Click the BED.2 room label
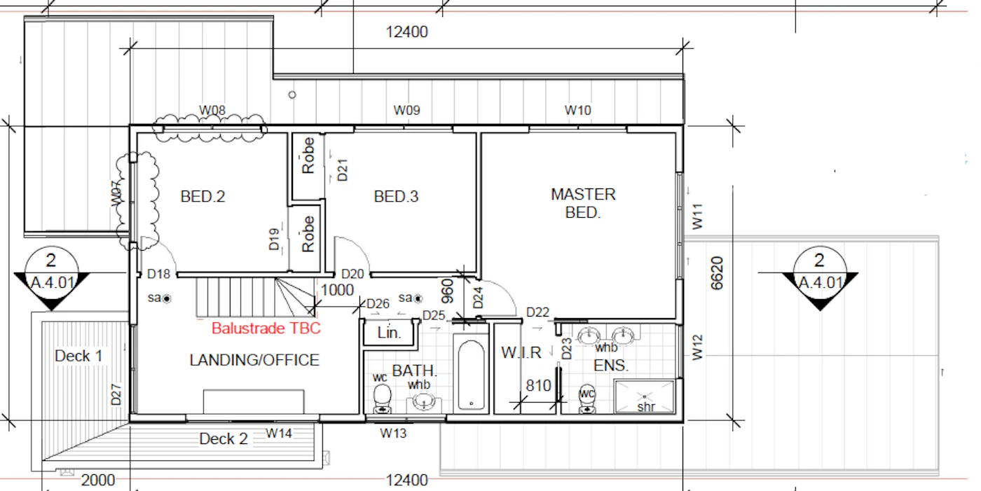203,197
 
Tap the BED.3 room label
397,197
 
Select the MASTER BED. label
583,204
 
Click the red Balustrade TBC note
266,329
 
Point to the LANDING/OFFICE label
254,360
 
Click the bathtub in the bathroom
471,375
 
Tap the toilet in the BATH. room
382,399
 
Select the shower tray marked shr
644,396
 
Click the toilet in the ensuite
587,399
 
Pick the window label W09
407,110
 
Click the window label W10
577,110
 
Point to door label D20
352,275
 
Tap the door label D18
158,275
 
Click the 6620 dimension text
717,273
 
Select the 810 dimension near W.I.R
538,386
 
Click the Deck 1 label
78,357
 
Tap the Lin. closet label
389,333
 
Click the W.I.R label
521,353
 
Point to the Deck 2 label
224,439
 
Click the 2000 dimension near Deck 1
98,480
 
